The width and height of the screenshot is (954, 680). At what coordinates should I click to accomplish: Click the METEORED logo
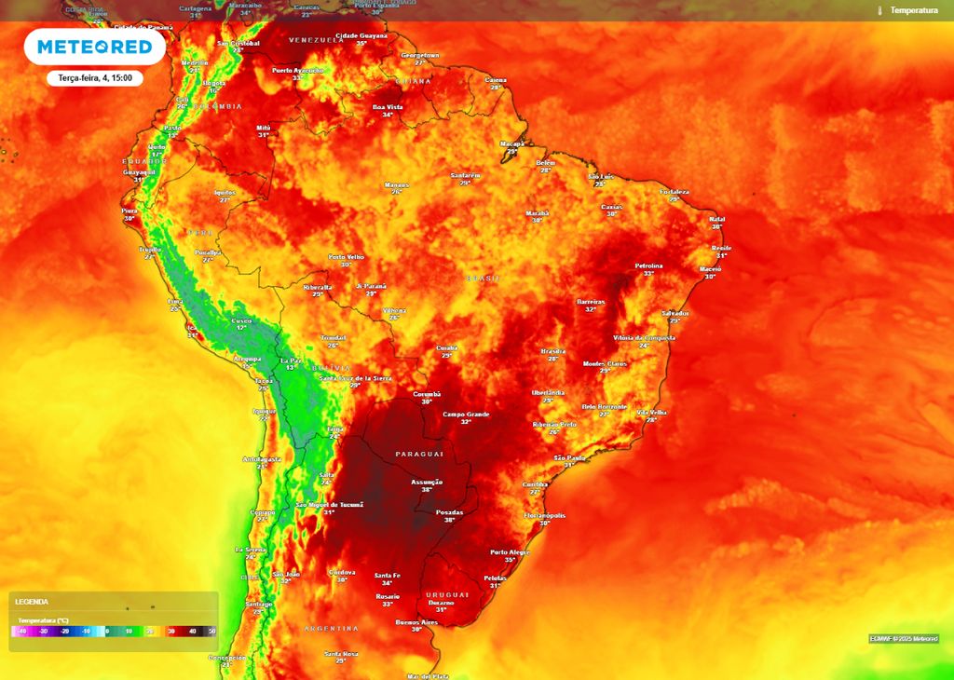[94, 48]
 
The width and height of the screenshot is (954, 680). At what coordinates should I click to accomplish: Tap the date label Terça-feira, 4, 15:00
[94, 78]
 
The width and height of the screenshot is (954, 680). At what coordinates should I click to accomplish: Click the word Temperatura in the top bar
[913, 10]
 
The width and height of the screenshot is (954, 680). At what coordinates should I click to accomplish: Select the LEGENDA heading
[32, 602]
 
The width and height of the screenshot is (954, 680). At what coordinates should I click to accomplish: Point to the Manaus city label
[397, 184]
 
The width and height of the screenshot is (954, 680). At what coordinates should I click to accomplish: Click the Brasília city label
[553, 351]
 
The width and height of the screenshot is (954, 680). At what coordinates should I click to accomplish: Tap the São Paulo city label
[568, 457]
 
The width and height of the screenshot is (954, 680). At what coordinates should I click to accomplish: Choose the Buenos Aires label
[416, 621]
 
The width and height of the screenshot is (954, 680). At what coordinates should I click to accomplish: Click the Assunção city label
[427, 482]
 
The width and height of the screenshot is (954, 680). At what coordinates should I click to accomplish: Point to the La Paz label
[291, 360]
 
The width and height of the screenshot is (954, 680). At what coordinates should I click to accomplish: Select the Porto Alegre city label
[510, 552]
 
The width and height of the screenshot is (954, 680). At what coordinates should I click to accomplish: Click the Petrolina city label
[648, 265]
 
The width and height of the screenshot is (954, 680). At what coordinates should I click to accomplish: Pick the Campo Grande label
[466, 414]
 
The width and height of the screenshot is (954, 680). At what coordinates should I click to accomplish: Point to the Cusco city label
[241, 320]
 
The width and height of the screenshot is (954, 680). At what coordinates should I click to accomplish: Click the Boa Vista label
[388, 107]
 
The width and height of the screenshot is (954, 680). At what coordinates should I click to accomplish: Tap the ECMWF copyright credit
[904, 638]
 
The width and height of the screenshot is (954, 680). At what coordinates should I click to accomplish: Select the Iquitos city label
[225, 192]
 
